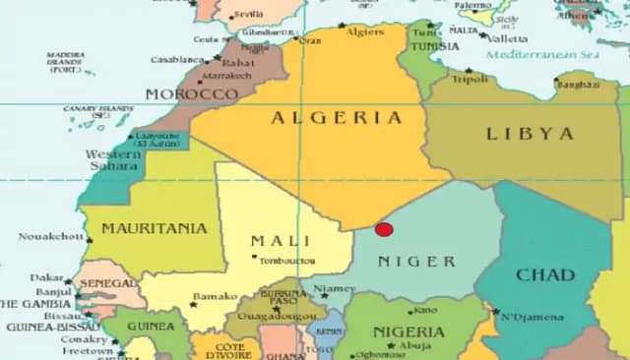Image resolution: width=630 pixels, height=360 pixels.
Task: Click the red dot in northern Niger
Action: (x=384, y=229)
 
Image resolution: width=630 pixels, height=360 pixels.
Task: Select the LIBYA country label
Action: (x=529, y=133)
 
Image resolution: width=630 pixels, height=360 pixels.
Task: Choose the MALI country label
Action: (x=281, y=241)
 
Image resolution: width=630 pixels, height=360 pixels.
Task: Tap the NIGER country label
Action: (x=417, y=262)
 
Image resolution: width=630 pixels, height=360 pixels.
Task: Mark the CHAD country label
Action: (x=544, y=274)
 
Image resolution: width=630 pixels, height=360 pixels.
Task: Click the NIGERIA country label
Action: (x=409, y=331)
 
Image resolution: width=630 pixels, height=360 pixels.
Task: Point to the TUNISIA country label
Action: (x=434, y=46)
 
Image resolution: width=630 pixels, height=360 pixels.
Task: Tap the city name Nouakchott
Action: (x=48, y=237)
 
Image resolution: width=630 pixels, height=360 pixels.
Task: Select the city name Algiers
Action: (x=366, y=32)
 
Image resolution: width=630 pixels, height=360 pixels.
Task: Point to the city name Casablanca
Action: (x=177, y=59)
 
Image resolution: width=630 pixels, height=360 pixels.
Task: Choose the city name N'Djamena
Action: (x=532, y=317)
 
